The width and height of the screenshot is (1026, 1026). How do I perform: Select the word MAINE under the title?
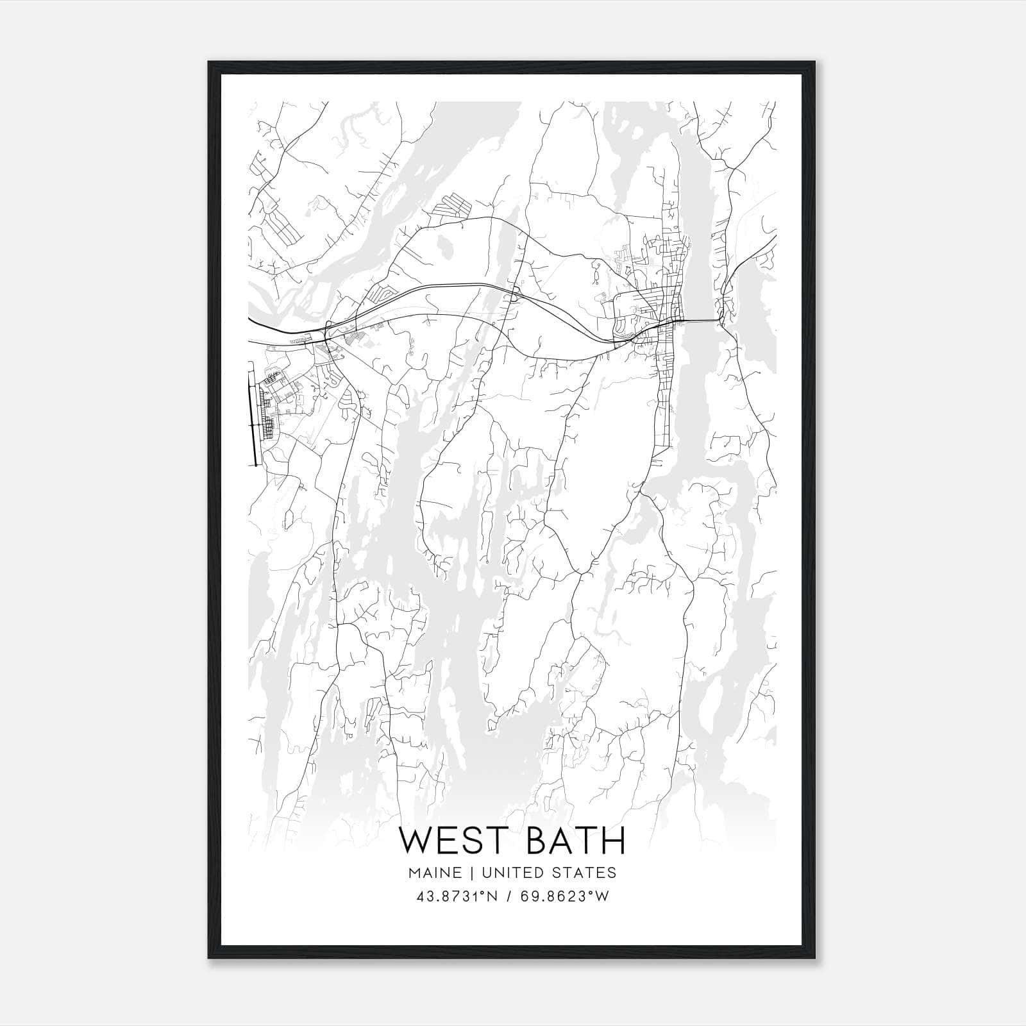(433, 873)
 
